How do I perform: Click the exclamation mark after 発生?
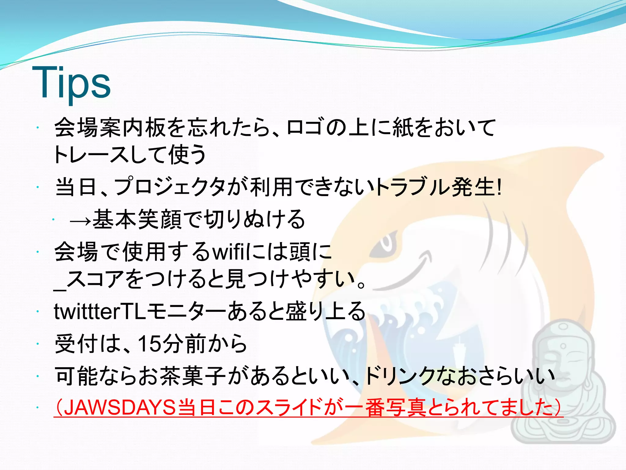click(x=499, y=187)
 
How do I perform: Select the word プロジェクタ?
click(x=170, y=187)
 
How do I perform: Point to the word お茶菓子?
click(x=182, y=376)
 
